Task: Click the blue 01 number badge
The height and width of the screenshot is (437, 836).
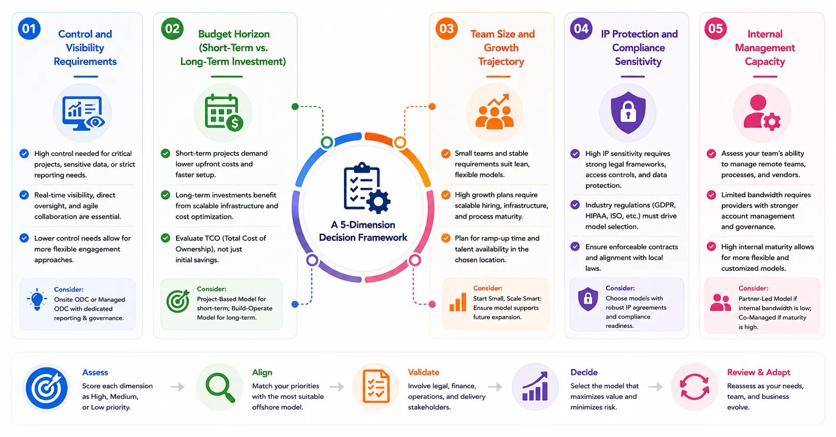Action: (x=29, y=28)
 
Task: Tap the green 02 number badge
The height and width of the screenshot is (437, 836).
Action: (x=172, y=28)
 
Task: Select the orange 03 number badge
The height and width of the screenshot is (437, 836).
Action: (x=447, y=28)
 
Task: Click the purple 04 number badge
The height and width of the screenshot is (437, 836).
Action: (x=581, y=28)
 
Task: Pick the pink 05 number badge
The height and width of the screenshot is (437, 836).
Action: (x=715, y=28)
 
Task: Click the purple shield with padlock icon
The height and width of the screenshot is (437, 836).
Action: (x=628, y=113)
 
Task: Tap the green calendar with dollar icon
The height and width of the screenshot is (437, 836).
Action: (x=223, y=113)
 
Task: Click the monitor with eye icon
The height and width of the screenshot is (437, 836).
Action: (x=83, y=113)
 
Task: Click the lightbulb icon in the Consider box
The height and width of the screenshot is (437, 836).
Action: (x=37, y=299)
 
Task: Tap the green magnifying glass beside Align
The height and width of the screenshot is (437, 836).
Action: (x=220, y=387)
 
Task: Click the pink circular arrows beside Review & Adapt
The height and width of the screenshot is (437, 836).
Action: (x=695, y=387)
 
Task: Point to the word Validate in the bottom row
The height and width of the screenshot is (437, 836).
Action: (x=424, y=372)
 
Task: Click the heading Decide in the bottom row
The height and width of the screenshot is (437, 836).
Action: (x=584, y=372)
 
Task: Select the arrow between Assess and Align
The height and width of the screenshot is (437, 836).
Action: (x=178, y=386)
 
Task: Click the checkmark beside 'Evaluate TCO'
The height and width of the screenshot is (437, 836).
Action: (x=165, y=238)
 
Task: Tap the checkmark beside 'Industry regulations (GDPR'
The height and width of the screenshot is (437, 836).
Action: (x=575, y=205)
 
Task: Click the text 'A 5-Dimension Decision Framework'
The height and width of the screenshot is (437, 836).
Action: (x=363, y=231)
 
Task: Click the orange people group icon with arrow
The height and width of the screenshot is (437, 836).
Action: (x=494, y=112)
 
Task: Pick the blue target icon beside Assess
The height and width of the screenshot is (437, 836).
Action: (x=47, y=387)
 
